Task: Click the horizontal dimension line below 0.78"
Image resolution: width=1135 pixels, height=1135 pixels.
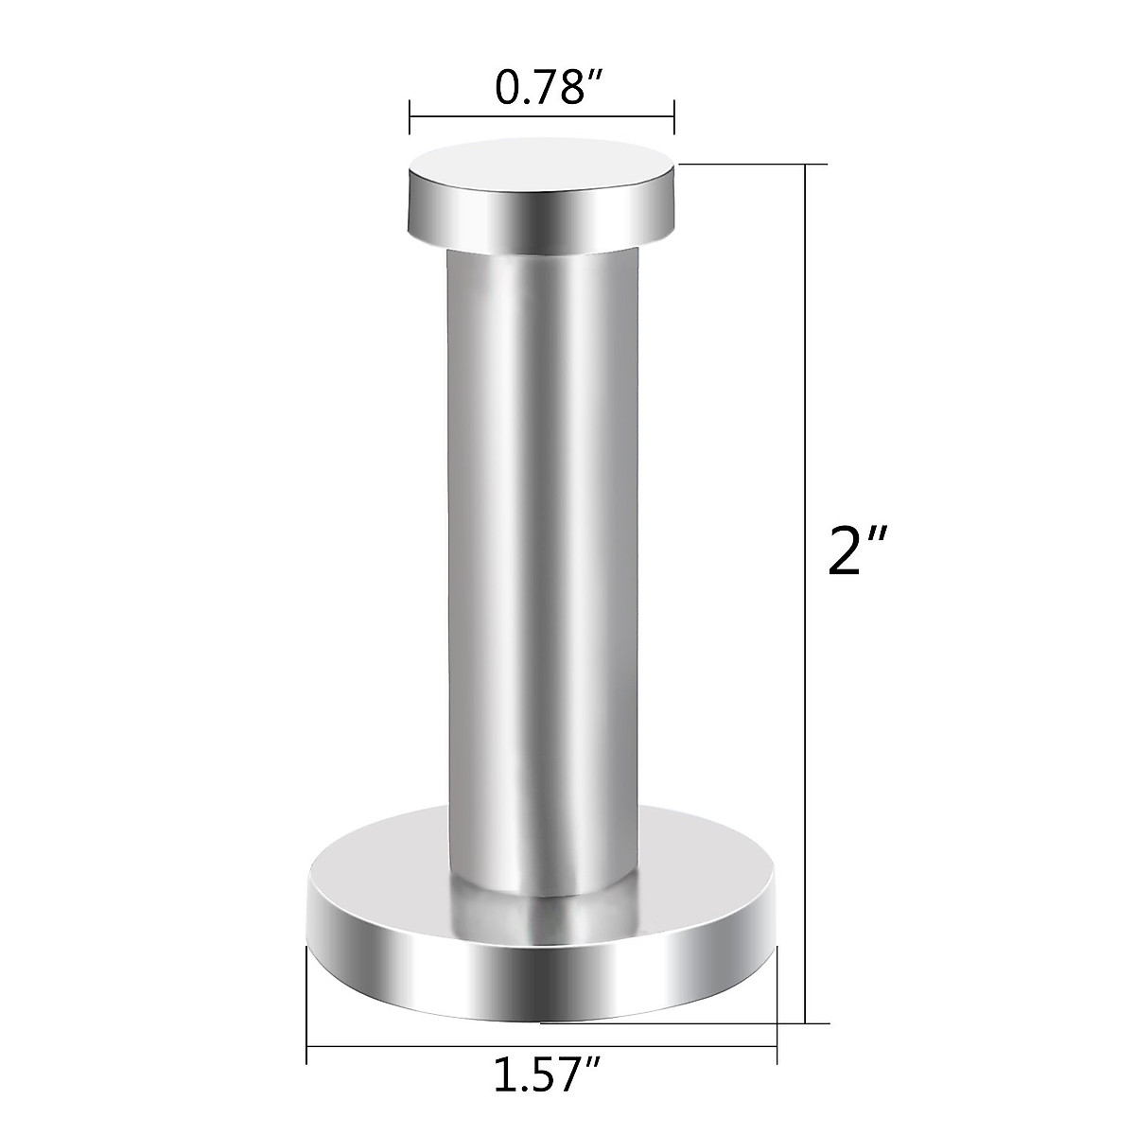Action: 541,118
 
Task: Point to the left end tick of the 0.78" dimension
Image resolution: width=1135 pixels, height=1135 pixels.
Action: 409,118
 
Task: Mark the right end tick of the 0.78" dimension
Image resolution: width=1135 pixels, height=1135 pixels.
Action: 673,118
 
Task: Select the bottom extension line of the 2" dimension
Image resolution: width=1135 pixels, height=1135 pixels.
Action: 681,1022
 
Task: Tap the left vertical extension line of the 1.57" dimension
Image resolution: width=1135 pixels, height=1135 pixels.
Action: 307,1003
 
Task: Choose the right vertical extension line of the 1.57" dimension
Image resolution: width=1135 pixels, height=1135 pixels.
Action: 777,1003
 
